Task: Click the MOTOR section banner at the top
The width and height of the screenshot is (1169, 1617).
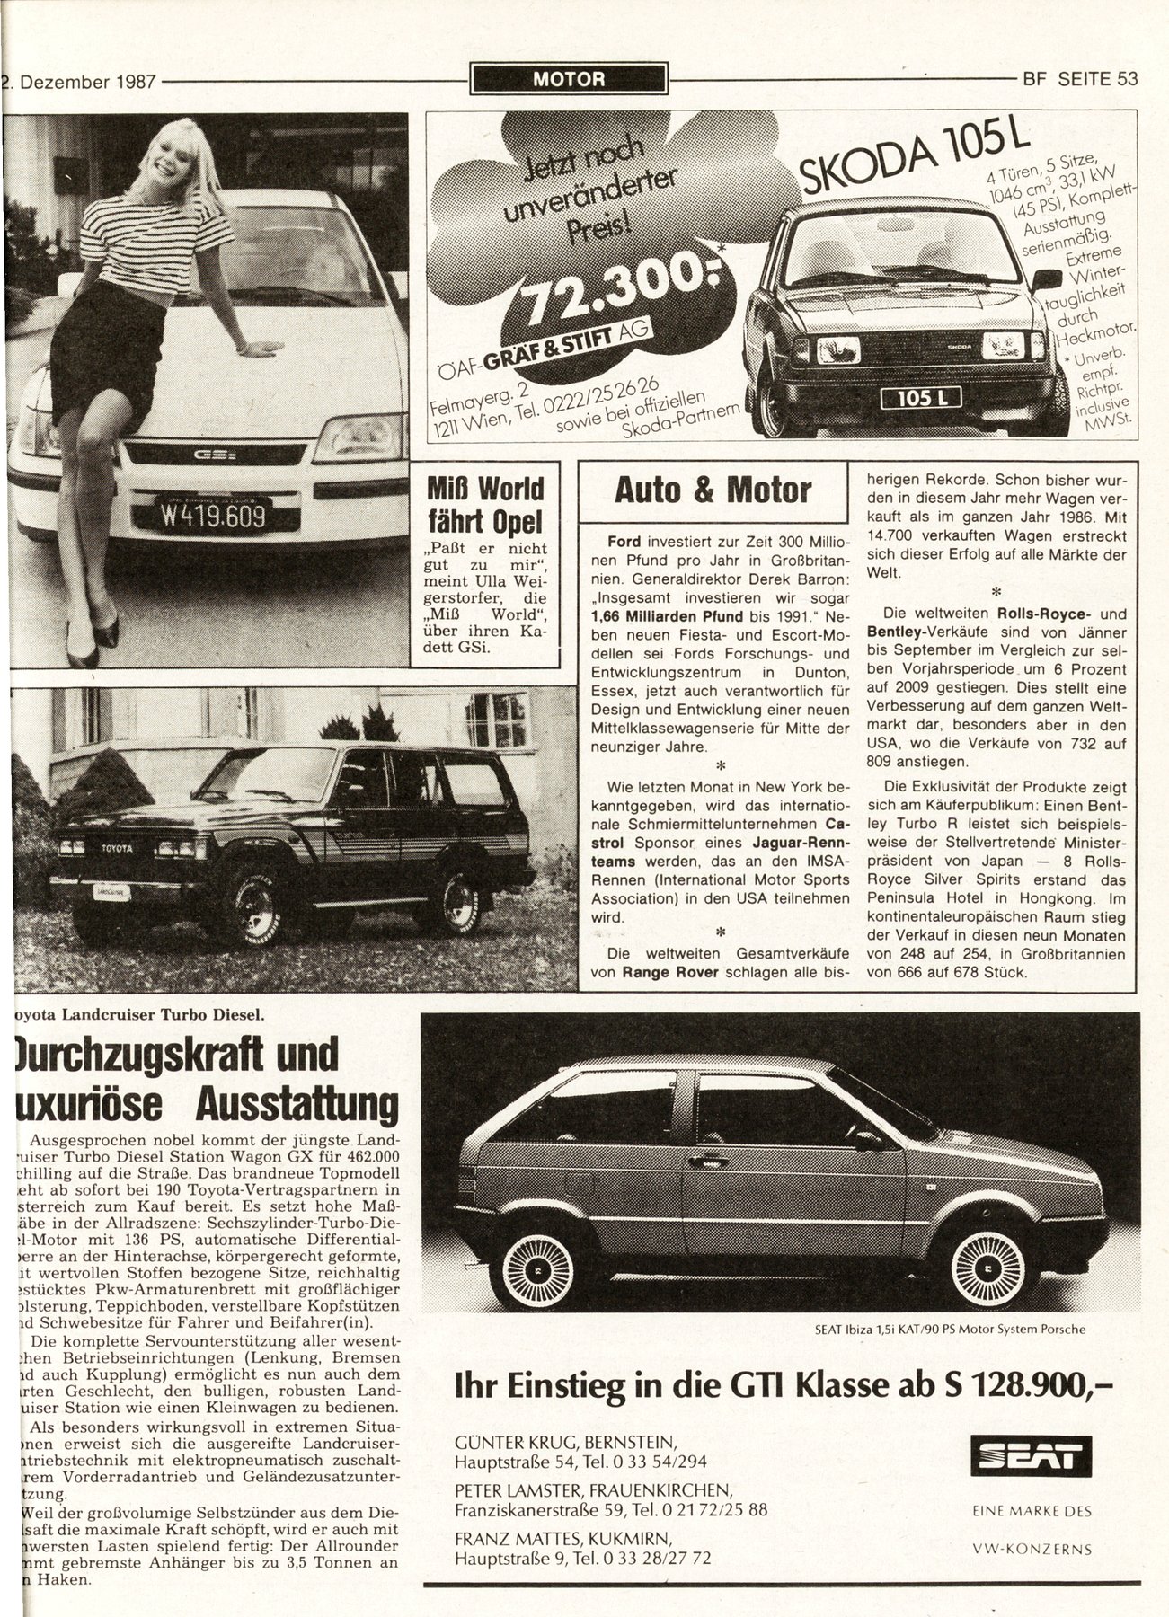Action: tap(569, 79)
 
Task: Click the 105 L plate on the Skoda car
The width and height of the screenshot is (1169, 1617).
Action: tap(920, 397)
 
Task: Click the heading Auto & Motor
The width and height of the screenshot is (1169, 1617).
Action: tap(713, 490)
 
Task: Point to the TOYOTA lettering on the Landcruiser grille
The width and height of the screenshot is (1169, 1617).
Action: tap(114, 847)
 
